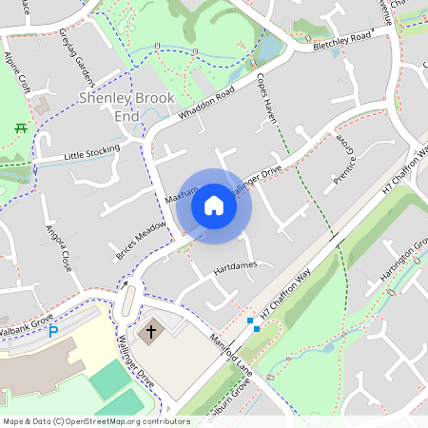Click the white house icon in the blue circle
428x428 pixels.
click(214, 204)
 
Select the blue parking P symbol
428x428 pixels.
click(54, 331)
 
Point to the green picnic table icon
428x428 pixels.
click(20, 126)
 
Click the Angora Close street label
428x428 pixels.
click(58, 247)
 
